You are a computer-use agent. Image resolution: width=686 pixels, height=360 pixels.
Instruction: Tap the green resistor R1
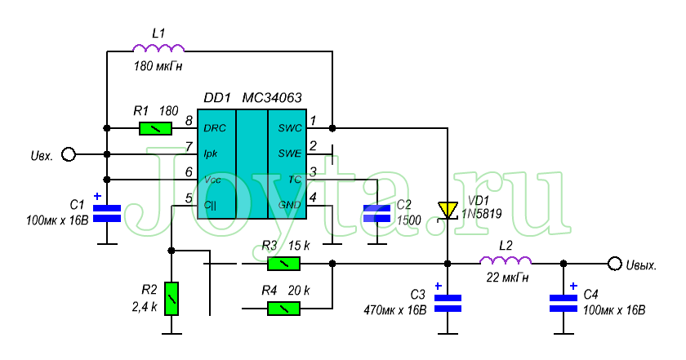point(155,128)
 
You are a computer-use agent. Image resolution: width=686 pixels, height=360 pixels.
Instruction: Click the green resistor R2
point(171,299)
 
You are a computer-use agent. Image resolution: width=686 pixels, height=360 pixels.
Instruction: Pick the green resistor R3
point(283,263)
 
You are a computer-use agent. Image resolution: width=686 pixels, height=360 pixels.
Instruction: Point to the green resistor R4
point(283,308)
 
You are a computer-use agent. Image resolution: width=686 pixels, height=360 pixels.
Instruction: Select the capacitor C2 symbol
point(377,213)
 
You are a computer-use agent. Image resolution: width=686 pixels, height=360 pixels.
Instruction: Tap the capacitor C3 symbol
point(448,303)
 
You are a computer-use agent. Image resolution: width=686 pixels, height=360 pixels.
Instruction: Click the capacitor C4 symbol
point(563,303)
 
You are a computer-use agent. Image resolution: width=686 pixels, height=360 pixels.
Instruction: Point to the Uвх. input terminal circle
point(69,153)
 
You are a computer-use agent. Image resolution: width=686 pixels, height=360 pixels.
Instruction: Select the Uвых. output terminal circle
point(614,263)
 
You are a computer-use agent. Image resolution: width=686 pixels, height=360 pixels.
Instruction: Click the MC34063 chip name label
point(272,98)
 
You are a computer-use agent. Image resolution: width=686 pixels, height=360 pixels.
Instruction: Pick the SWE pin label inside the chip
point(289,153)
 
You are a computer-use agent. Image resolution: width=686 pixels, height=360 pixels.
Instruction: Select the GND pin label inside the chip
point(290,204)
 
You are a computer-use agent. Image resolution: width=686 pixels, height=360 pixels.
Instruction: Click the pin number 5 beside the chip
point(189,198)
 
